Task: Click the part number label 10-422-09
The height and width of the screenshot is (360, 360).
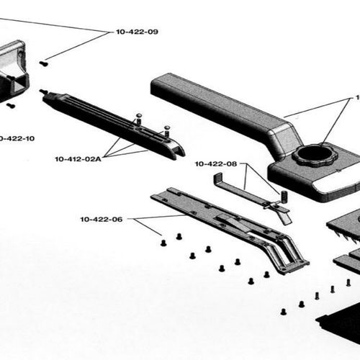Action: coord(137,32)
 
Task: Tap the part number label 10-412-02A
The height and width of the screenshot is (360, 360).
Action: coord(78,158)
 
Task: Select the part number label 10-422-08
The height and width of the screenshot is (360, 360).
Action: coord(215,164)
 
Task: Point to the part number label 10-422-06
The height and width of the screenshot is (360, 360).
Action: coord(102,219)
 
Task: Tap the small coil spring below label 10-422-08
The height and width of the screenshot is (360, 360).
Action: coord(283,196)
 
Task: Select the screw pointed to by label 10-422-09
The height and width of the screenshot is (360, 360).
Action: coord(43,63)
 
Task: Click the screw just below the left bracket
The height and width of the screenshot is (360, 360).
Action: coord(12,105)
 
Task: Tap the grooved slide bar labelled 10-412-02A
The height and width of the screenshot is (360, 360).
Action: coord(108,122)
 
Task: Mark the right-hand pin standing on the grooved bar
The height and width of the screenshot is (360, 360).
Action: coord(166,131)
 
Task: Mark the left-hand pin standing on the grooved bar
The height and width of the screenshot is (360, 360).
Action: coord(137,118)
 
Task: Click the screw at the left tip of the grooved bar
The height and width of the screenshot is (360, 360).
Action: coord(43,91)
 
